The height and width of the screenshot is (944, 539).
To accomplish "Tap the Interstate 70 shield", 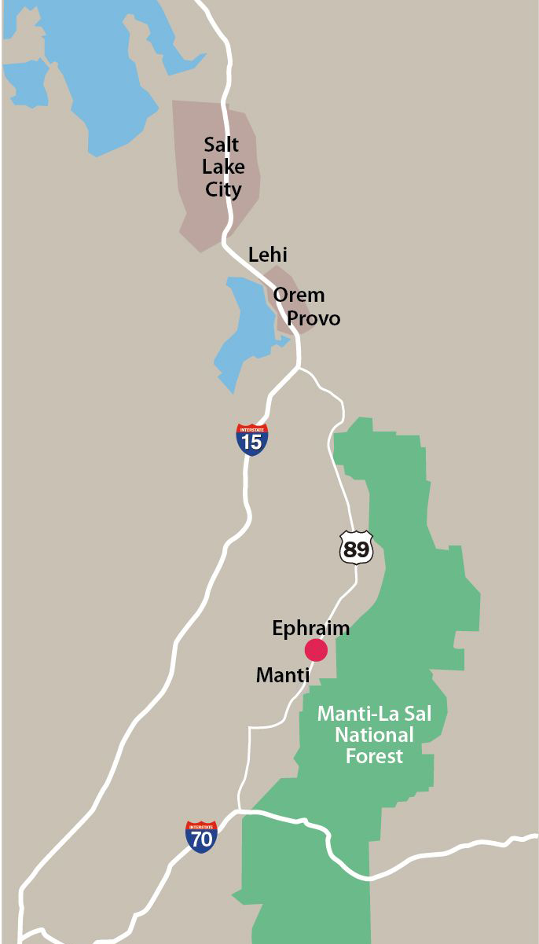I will pyautogui.click(x=201, y=837).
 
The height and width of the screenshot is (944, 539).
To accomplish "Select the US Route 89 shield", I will pyautogui.click(x=356, y=547).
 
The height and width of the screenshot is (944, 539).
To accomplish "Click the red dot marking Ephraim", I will pyautogui.click(x=316, y=650).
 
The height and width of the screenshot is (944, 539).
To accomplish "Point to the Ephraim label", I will pyautogui.click(x=310, y=628).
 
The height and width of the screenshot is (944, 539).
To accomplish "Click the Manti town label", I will pyautogui.click(x=283, y=674).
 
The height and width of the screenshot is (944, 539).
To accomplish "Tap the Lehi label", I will pyautogui.click(x=268, y=255).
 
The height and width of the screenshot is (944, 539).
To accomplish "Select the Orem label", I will pyautogui.click(x=299, y=295).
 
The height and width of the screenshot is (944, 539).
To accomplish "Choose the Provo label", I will pyautogui.click(x=313, y=318).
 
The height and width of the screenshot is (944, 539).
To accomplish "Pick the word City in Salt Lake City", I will pyautogui.click(x=223, y=189).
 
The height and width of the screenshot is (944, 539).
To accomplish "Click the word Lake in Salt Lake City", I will pyautogui.click(x=223, y=167).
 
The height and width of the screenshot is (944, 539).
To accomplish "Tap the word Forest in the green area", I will pyautogui.click(x=375, y=756).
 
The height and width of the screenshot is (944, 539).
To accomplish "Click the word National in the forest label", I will pyautogui.click(x=374, y=735).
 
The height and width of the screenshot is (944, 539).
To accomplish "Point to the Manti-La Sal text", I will pyautogui.click(x=379, y=714).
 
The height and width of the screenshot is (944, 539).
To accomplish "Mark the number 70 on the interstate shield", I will pyautogui.click(x=201, y=840).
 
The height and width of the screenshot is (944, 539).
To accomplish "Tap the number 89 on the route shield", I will pyautogui.click(x=356, y=549).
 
